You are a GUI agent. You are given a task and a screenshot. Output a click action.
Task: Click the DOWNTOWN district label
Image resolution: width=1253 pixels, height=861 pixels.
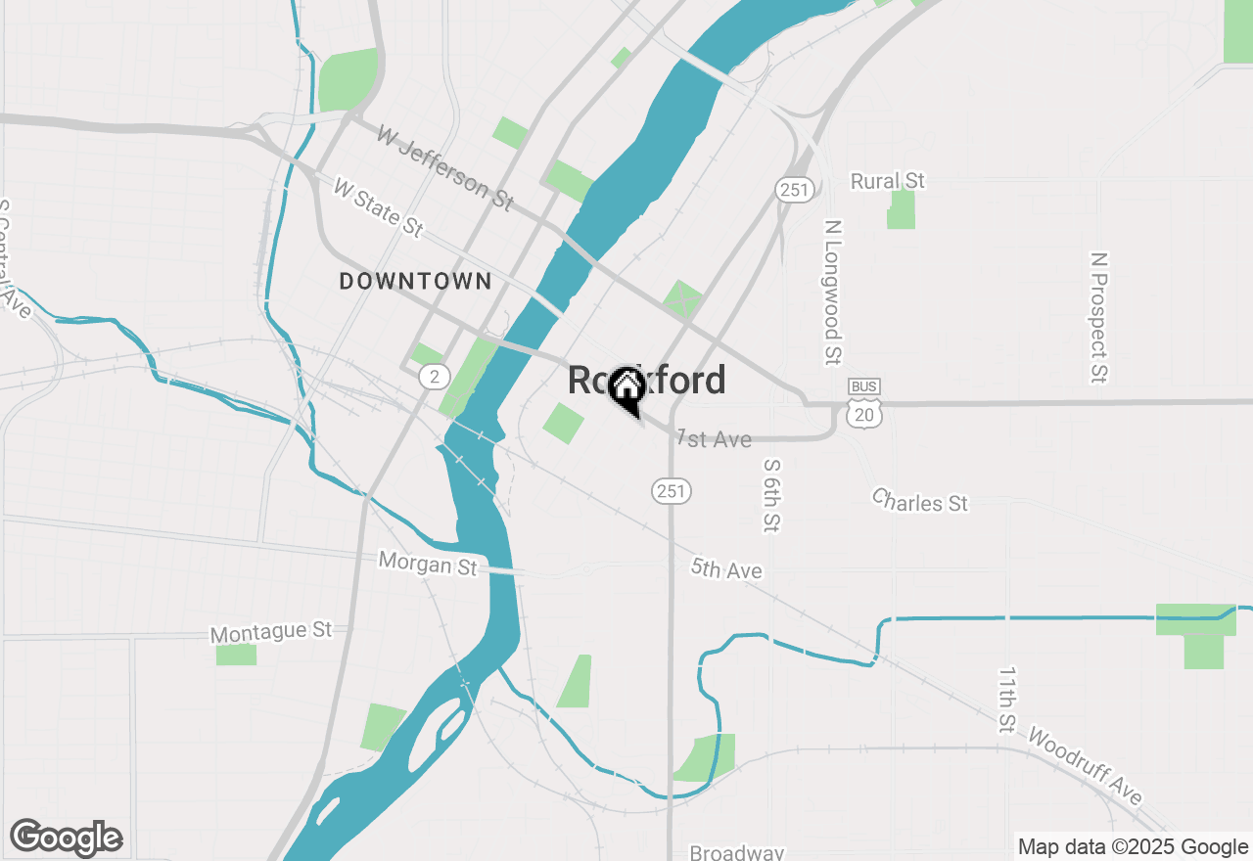point(415,282)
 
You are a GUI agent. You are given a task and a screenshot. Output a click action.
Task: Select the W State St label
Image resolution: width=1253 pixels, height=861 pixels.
point(378,207)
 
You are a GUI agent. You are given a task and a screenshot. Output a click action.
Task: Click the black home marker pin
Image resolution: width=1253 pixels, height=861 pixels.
point(626,389)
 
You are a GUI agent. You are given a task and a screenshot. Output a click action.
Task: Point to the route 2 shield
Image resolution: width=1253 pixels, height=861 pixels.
point(434,376)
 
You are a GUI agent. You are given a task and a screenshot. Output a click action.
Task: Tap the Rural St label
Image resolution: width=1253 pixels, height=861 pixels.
point(887,181)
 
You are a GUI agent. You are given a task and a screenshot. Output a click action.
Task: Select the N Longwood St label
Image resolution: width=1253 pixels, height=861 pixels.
point(833,293)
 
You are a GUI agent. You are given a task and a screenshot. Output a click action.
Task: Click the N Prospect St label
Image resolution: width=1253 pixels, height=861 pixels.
point(1098,318)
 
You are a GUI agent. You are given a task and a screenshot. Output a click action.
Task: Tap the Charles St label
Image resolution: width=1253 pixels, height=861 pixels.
point(920,501)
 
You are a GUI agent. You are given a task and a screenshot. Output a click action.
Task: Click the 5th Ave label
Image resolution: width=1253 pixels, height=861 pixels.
point(726,568)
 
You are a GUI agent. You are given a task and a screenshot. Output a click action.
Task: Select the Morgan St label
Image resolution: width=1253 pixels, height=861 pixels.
point(428,564)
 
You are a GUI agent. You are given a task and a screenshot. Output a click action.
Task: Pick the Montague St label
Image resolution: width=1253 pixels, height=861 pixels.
point(271,632)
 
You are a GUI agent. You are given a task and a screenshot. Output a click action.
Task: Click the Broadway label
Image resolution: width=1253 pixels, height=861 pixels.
point(737,852)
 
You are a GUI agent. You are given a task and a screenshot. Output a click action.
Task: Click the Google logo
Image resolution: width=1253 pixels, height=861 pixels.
point(66,838)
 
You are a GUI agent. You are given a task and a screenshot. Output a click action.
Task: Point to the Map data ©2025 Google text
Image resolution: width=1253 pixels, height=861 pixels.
point(1133,847)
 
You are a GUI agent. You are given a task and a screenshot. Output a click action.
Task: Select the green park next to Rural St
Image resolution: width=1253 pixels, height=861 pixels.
point(901,210)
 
